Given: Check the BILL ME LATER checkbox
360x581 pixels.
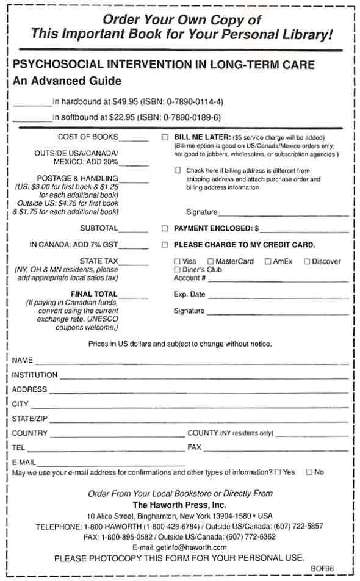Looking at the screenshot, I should (x=165, y=137).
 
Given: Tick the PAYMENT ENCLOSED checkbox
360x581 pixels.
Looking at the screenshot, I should (x=165, y=229).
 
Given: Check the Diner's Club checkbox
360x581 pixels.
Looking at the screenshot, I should (x=177, y=269).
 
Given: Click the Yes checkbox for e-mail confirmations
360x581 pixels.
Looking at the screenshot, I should (x=278, y=472).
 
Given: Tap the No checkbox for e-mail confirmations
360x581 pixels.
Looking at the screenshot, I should (x=309, y=472).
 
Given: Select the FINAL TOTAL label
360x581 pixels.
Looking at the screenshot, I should (x=94, y=294).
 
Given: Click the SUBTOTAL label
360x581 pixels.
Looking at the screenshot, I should (x=99, y=228).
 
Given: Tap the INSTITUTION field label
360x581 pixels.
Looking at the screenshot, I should (x=35, y=375).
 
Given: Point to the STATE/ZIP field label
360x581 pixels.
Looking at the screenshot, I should (x=29, y=419).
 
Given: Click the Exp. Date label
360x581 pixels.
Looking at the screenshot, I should (x=189, y=295).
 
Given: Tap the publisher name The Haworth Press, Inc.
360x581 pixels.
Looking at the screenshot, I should (x=179, y=505).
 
